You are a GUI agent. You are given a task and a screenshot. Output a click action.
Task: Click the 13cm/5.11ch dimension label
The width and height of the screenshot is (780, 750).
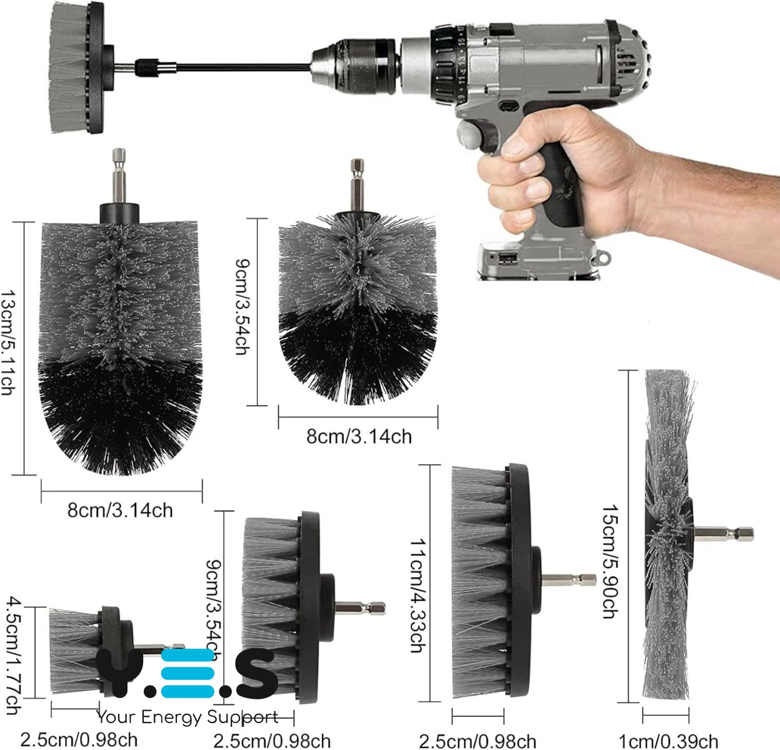click(8, 342)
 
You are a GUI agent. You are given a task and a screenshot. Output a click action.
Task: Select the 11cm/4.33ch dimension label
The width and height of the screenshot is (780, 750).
click(417, 595)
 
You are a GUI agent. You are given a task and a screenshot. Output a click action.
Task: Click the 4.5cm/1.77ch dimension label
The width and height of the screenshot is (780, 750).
click(13, 656)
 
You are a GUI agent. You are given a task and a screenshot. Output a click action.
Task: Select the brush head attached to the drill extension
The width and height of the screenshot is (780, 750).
click(76, 67)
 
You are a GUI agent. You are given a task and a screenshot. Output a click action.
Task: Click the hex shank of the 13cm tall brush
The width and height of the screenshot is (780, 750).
click(119, 176)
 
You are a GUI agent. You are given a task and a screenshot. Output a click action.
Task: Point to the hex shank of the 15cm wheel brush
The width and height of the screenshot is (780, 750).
click(724, 534)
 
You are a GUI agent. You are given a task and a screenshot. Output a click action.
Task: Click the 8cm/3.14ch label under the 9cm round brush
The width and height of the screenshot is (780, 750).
click(359, 436)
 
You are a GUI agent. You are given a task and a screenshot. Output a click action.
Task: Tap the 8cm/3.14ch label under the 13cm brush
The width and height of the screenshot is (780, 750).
click(120, 510)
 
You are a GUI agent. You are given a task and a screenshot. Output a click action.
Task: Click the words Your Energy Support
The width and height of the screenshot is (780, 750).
click(187, 716)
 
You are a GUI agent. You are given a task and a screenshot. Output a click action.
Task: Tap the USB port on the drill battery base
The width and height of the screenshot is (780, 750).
click(507, 259)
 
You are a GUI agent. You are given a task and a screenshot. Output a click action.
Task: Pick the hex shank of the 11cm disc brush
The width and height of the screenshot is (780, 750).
click(568, 579)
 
